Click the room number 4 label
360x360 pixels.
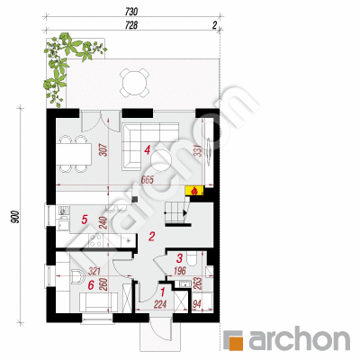[147, 149]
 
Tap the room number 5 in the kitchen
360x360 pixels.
[85, 220]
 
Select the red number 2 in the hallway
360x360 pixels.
[151, 237]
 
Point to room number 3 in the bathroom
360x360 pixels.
[180, 258]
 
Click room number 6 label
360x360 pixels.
[91, 285]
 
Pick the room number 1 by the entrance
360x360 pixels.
[163, 292]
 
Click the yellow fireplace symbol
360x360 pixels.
[194, 191]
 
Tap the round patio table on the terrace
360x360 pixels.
[134, 82]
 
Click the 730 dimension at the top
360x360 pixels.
[131, 12]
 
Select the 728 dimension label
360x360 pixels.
[131, 26]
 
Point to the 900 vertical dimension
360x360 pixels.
[16, 217]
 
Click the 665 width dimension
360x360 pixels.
[147, 180]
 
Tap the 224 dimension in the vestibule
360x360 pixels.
[160, 305]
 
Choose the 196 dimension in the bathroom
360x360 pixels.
[180, 271]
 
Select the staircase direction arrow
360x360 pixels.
[184, 213]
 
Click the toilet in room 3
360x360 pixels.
[192, 258]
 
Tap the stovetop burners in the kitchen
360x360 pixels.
[95, 241]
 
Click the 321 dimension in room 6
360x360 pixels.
[94, 272]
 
